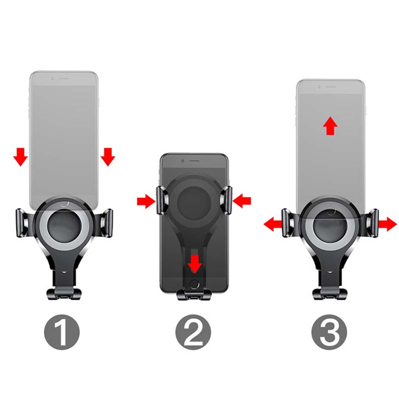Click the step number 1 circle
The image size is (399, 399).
click(x=62, y=332)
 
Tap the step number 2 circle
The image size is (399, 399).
click(x=193, y=332)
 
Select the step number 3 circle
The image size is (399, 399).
click(x=329, y=332)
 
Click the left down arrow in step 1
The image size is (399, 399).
click(x=20, y=157)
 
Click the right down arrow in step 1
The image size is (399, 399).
click(x=108, y=157)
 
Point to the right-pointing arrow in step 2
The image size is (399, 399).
click(x=146, y=201)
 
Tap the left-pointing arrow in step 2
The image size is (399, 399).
click(x=242, y=201)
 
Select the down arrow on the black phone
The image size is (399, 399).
click(x=195, y=264)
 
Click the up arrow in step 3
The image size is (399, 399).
click(x=330, y=126)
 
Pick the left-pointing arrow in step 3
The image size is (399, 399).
click(x=272, y=224)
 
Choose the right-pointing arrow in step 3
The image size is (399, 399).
click(x=388, y=224)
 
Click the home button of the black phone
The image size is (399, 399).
click(x=194, y=284)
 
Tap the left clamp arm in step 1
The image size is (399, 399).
click(x=23, y=223)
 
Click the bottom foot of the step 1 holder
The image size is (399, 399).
click(x=64, y=294)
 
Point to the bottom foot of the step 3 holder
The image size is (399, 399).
click(x=330, y=294)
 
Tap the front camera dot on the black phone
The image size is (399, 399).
click(x=183, y=161)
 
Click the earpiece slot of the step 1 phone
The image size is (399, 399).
click(x=64, y=79)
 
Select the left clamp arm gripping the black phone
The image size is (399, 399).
click(x=162, y=200)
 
